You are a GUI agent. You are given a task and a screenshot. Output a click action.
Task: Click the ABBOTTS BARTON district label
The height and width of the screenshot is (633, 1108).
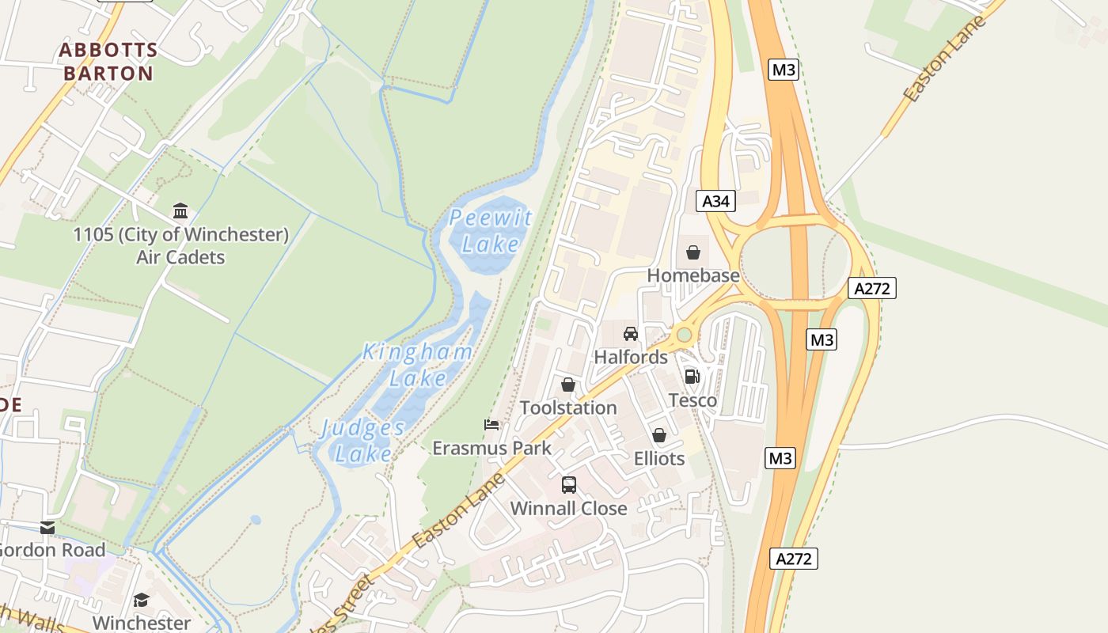(108, 62)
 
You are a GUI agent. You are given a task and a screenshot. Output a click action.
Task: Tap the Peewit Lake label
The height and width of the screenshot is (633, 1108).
(491, 230)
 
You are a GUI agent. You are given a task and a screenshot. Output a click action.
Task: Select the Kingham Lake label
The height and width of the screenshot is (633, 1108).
(418, 365)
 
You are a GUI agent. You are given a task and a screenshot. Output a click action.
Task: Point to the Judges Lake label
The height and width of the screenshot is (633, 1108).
(362, 441)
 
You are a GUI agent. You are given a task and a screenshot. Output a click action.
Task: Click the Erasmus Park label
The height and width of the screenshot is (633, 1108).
(491, 448)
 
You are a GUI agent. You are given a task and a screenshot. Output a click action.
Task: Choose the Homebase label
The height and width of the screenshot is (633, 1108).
(693, 275)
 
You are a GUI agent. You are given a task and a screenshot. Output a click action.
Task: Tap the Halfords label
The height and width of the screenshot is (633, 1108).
(631, 357)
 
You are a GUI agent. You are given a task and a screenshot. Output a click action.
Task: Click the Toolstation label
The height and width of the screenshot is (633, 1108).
(568, 407)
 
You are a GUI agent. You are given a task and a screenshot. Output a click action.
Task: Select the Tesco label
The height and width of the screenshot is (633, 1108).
(692, 400)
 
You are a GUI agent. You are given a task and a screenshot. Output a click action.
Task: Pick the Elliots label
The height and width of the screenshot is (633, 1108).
(659, 458)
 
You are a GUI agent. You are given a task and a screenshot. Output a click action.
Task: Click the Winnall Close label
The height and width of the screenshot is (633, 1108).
(568, 508)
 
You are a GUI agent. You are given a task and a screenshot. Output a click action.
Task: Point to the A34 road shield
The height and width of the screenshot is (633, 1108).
(716, 201)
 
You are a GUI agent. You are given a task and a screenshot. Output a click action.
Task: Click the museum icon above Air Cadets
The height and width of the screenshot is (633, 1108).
(180, 211)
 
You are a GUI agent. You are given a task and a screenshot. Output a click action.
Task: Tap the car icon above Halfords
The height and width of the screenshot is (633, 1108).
(631, 333)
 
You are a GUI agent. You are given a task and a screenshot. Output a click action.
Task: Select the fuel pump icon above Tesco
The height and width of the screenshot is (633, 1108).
(692, 377)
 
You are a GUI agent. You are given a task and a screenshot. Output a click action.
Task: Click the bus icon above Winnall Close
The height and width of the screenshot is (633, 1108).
(568, 485)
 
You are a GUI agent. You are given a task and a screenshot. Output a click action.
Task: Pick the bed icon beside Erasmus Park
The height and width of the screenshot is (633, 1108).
(491, 425)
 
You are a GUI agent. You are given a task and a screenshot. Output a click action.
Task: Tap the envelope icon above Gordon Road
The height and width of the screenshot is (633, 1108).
(47, 527)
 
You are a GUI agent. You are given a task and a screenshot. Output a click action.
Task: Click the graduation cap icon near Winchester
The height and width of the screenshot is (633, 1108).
(141, 601)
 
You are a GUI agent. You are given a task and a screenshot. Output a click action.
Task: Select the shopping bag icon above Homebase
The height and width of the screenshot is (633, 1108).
(693, 252)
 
